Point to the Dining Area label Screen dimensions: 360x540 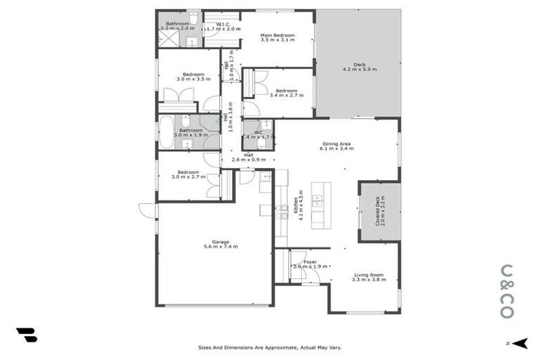pos(336,143)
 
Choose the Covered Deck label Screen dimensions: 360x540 pos(378,211)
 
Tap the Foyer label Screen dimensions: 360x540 pos(310,262)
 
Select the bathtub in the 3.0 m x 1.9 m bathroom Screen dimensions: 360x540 pos(166,131)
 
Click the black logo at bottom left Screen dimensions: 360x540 pos(26,335)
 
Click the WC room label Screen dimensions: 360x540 pos(258,131)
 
